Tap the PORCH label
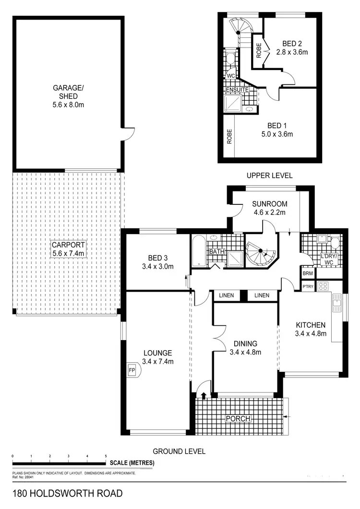(x=238, y=419)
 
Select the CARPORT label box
(x=68, y=249)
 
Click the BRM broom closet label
(x=308, y=273)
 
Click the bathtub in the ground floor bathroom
(x=198, y=250)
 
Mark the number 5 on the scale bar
(x=106, y=456)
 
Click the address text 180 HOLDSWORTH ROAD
(x=67, y=493)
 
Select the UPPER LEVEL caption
(x=269, y=176)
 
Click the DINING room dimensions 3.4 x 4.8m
(x=245, y=353)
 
